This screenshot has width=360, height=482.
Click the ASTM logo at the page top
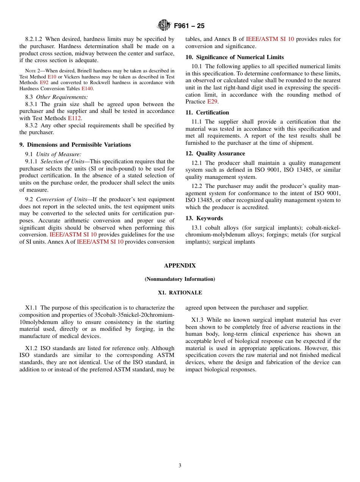click(x=164, y=25)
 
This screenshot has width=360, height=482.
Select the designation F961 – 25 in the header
click(x=189, y=26)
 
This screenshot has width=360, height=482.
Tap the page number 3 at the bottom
click(x=180, y=466)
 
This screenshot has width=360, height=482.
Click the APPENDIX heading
click(x=180, y=266)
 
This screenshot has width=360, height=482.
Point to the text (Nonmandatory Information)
click(x=180, y=279)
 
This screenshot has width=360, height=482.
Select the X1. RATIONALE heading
click(x=180, y=293)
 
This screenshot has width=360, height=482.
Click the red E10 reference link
click(x=52, y=77)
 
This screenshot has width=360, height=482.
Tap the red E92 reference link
click(x=44, y=83)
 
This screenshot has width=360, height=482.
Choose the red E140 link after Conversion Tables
click(x=87, y=89)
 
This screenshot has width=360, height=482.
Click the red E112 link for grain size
click(x=74, y=118)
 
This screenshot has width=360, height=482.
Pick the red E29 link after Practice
click(x=212, y=102)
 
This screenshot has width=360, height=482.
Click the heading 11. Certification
click(x=207, y=113)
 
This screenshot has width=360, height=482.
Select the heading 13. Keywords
click(x=204, y=218)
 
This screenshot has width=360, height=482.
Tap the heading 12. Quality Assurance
click(x=215, y=153)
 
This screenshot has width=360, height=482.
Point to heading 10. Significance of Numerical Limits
click(x=235, y=57)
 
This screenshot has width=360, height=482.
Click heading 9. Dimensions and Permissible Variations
click(x=75, y=145)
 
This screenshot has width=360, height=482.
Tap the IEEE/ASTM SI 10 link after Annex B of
click(x=270, y=39)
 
